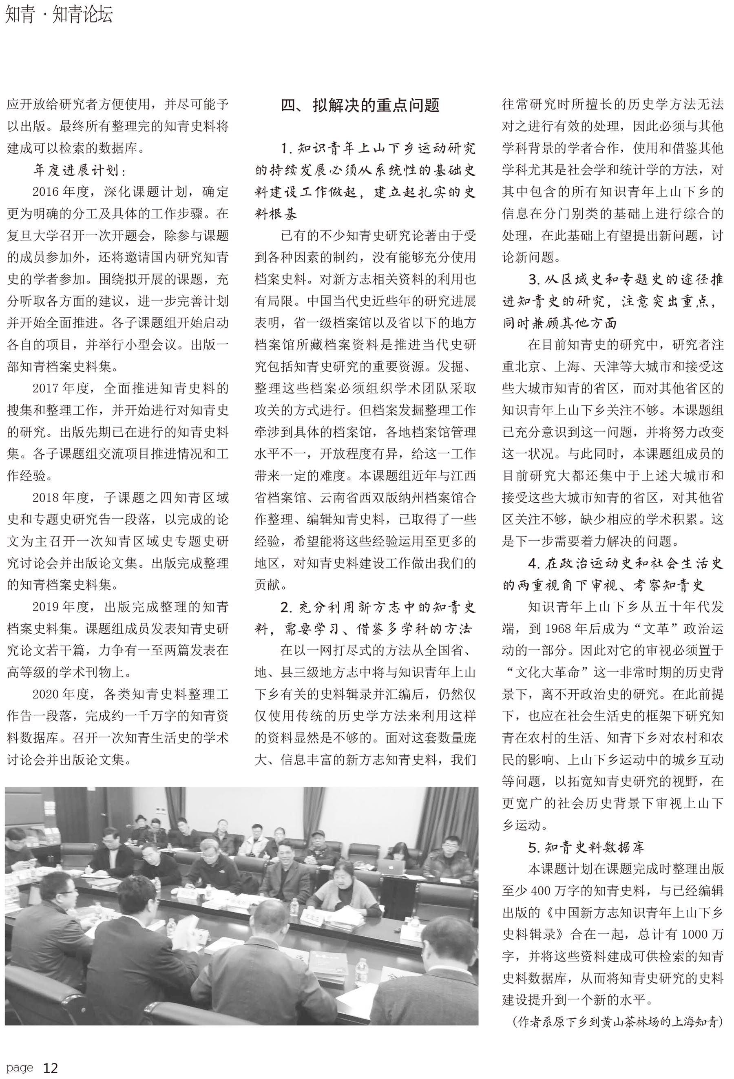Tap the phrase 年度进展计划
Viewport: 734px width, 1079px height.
(80, 170)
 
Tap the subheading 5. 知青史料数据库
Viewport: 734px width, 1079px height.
(586, 848)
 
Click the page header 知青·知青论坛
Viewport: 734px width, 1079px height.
(59, 15)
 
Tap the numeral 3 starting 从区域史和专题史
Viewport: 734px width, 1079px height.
(532, 279)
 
